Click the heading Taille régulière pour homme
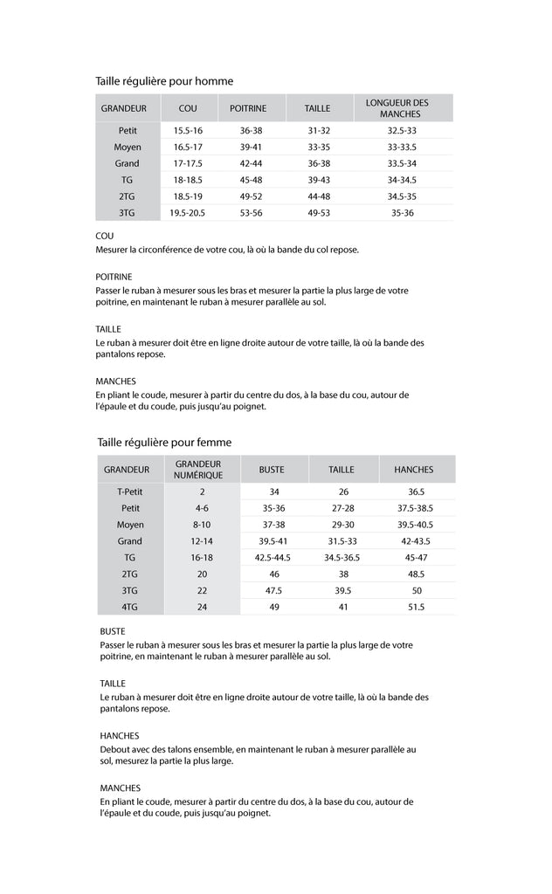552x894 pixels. click(164, 81)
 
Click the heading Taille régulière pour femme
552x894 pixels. click(164, 443)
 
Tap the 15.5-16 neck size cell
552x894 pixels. click(187, 131)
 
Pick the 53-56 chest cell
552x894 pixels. click(251, 213)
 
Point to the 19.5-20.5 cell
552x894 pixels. click(187, 213)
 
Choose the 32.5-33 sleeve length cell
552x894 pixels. click(402, 131)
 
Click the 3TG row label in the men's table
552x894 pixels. click(128, 213)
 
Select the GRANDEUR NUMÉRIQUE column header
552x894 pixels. click(198, 470)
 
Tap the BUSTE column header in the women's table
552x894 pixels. click(272, 470)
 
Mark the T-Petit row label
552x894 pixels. click(130, 492)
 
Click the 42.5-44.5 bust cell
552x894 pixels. click(273, 557)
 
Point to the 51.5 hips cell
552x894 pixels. click(416, 607)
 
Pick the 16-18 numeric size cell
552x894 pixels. click(202, 557)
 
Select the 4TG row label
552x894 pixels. click(130, 607)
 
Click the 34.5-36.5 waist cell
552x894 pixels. click(342, 557)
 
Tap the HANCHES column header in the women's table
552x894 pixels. click(414, 470)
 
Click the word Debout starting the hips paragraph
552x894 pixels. click(114, 750)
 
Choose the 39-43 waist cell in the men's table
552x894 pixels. click(319, 180)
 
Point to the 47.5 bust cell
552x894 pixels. click(273, 590)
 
